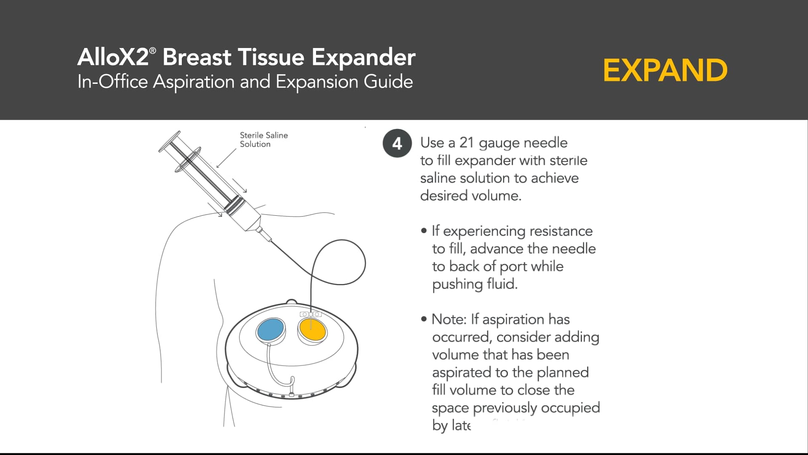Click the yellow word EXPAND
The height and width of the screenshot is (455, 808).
coord(665,70)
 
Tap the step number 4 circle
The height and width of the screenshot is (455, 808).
coord(397,144)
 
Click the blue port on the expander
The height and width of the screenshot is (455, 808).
coord(271,329)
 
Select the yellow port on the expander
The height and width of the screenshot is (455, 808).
coord(312,330)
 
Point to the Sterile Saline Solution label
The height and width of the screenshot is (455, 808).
coord(263,139)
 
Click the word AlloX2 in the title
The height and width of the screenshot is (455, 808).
coord(113,57)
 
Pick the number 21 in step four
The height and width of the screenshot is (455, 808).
coord(466,143)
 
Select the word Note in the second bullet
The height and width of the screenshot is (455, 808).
coord(449,319)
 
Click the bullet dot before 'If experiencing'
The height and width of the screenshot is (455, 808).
coord(424,231)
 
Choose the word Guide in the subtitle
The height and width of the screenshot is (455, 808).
coord(388,82)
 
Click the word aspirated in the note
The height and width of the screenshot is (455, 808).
coord(462,372)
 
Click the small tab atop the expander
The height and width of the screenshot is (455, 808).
coord(291,302)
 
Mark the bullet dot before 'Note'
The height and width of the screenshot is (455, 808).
coord(424,319)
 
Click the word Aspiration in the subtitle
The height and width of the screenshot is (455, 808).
coord(194,82)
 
